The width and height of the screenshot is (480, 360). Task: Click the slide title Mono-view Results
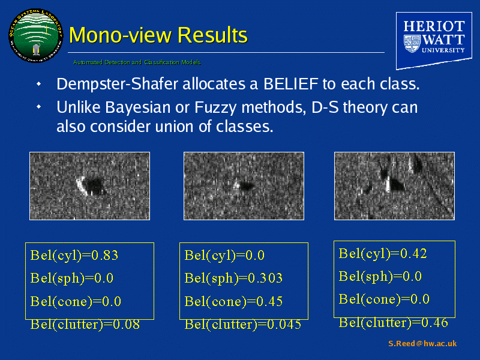coord(158,35)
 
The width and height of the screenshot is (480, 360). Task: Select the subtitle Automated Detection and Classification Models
coord(137,62)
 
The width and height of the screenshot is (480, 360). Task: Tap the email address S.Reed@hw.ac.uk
coord(422,344)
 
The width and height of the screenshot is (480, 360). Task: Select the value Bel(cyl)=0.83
coord(74,256)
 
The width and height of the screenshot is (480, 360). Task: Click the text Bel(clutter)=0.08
coord(85,325)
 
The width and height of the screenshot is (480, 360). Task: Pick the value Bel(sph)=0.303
coord(233,278)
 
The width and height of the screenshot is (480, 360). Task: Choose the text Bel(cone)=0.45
coord(233,301)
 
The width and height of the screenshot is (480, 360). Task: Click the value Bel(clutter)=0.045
coord(242,325)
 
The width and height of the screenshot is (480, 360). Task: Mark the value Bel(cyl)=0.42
coord(383,253)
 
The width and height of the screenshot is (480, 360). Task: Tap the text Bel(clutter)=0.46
coord(393,322)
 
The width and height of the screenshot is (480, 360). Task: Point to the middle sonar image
coord(243,185)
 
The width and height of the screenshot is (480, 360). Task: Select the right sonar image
coord(394,185)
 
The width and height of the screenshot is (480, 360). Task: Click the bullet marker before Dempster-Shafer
coord(38,84)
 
